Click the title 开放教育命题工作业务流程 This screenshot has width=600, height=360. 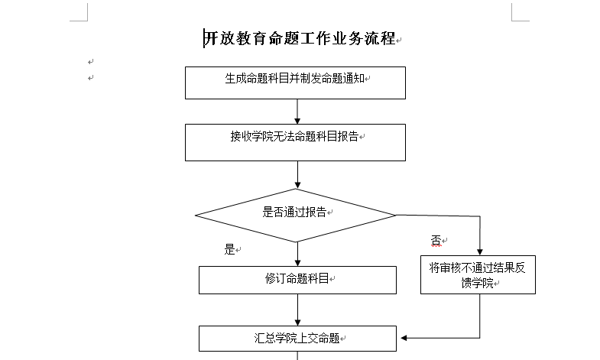[300, 38]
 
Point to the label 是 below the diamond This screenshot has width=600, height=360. [229, 249]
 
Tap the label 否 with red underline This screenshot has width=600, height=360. [436, 241]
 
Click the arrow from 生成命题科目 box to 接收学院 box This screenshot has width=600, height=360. [297, 112]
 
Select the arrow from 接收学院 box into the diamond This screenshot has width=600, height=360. [297, 174]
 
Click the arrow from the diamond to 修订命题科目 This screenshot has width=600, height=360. [297, 254]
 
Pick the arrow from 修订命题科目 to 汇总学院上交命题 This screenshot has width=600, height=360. [297, 310]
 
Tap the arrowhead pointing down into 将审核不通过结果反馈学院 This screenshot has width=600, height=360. [480, 252]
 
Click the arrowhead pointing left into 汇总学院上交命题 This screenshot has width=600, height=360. [404, 338]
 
